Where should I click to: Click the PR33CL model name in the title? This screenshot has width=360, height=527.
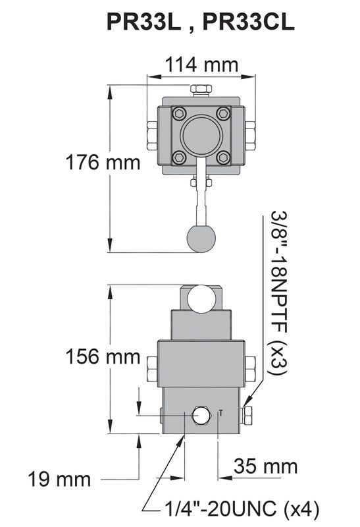click(249, 22)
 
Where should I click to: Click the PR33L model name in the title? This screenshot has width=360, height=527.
click(144, 22)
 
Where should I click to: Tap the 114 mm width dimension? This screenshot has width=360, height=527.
click(201, 64)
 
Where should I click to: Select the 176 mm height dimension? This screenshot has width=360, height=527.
click(103, 162)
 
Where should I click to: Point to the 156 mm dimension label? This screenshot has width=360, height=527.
click(103, 356)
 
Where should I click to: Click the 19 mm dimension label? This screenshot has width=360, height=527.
click(59, 480)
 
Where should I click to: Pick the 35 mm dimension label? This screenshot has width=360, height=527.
click(266, 466)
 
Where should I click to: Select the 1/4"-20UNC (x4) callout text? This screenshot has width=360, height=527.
click(241, 509)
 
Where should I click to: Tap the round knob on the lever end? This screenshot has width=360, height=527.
click(201, 238)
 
